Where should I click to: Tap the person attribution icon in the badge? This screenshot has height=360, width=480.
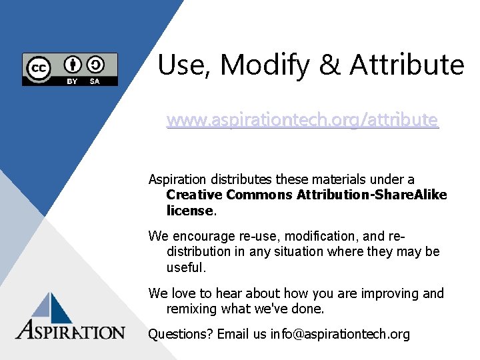73,65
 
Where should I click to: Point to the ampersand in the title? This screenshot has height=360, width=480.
329,65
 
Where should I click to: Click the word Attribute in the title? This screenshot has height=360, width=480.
407,65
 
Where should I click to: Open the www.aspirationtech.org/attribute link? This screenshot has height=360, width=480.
303,120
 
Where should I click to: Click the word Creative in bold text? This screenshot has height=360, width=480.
194,195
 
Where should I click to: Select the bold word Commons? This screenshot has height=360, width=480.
259,195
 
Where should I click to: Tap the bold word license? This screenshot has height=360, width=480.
190,211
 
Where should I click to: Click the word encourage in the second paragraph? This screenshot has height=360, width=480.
201,236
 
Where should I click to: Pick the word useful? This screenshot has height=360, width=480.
185,267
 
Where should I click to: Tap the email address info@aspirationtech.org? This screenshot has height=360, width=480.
340,334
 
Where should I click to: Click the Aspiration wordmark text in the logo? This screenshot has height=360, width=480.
71,331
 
